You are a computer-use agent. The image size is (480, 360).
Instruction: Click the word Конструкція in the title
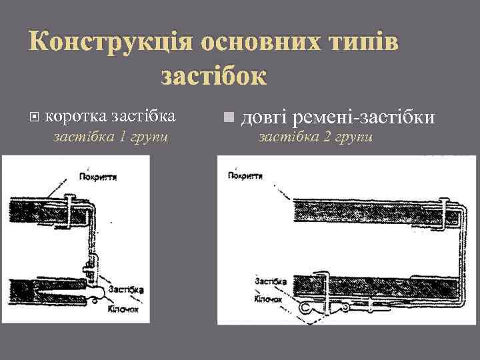[109, 43]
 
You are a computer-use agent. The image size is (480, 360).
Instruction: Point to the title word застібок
[213, 75]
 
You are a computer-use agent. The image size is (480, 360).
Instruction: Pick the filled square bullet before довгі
[229, 118]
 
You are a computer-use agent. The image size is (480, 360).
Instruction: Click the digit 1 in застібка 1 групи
[122, 137]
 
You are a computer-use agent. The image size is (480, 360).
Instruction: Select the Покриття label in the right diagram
[245, 176]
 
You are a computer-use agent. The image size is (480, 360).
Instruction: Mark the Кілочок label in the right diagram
[269, 300]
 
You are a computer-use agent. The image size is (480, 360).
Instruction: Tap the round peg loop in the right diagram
[306, 308]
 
